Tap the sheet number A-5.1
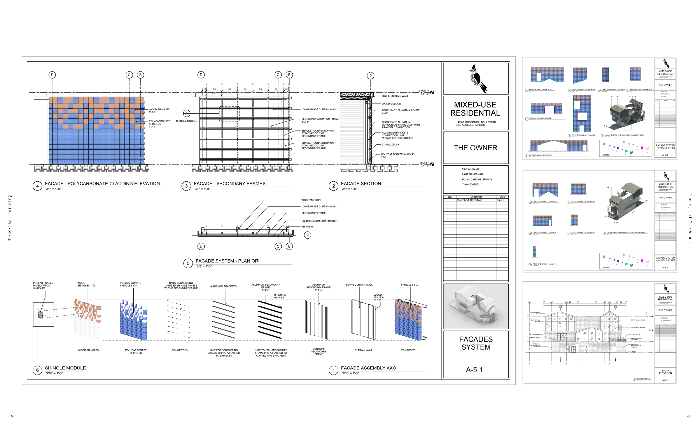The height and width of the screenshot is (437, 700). [474, 370]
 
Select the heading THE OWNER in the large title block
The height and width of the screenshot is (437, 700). [475, 148]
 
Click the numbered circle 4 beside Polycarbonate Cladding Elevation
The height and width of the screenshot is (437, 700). [37, 186]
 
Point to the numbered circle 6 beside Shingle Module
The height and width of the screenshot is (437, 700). [37, 370]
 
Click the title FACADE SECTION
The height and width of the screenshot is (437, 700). [361, 184]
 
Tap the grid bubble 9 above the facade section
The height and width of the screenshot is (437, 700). [370, 76]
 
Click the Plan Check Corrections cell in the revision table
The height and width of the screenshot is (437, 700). [469, 200]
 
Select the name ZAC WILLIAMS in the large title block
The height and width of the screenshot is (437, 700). [470, 169]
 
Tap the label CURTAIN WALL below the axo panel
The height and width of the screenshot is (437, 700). [363, 350]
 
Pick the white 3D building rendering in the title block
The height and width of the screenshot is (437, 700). [476, 306]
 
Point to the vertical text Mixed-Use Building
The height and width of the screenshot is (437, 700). [10, 218]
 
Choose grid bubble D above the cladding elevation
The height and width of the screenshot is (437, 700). [52, 75]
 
